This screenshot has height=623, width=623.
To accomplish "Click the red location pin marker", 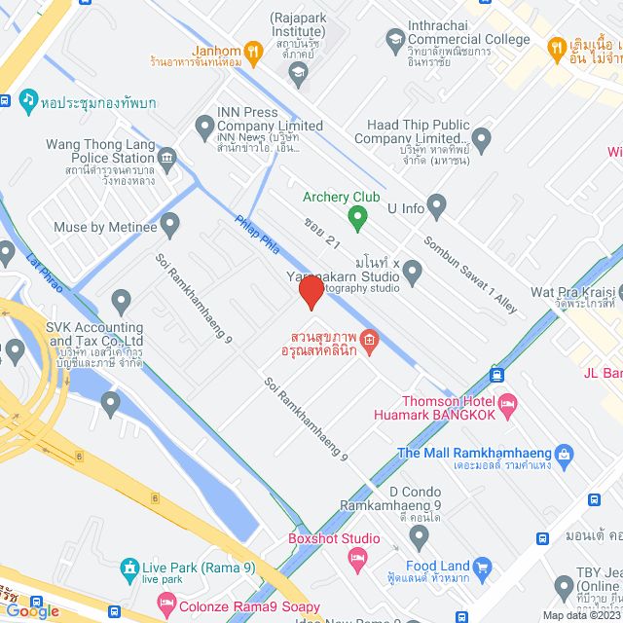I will click(311, 293).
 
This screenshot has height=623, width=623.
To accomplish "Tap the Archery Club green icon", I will click(357, 217).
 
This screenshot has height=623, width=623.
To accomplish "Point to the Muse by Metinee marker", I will click(170, 228).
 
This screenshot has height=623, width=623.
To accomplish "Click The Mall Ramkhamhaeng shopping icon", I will click(564, 454).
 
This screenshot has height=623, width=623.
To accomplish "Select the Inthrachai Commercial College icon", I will click(394, 40).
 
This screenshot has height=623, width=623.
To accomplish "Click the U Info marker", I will click(436, 206).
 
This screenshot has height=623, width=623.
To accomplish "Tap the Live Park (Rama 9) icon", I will click(128, 568).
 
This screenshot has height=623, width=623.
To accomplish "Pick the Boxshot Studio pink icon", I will click(356, 556).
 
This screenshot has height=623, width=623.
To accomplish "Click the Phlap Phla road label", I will click(258, 236).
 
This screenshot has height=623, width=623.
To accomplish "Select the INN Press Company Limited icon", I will click(204, 126).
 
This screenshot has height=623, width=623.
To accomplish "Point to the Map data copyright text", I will click(580, 615).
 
